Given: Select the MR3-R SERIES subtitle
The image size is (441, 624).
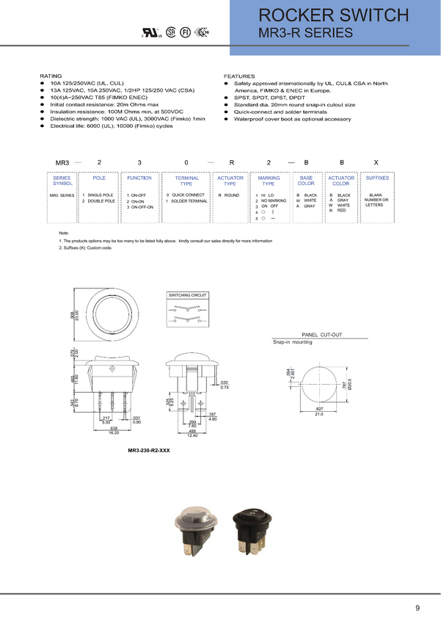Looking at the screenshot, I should click(306, 32).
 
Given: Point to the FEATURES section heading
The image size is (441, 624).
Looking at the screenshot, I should click(238, 76).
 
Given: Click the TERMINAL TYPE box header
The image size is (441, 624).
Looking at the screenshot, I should click(186, 181).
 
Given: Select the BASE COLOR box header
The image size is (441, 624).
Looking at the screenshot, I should click(306, 181).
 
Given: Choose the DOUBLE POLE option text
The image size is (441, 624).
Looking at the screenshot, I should click(101, 200).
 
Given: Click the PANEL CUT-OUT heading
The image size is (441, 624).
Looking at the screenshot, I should click(321, 334).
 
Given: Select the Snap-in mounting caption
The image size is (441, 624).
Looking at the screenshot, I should click(293, 342).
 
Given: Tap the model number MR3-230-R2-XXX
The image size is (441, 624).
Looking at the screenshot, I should click(148, 449).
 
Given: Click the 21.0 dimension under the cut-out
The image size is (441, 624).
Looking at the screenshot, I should click(319, 415).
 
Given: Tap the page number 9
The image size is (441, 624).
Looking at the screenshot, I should click(418, 608).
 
